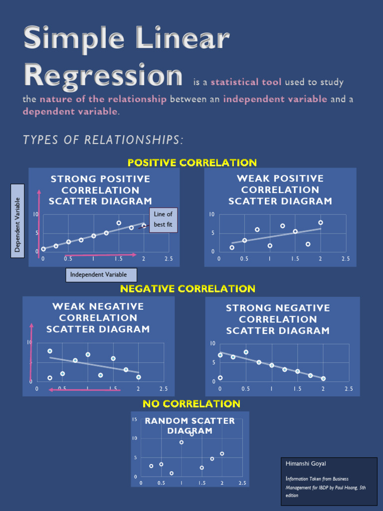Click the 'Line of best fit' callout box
[x=163, y=220]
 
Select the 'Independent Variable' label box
[x=101, y=275]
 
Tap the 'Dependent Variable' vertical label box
[x=18, y=221]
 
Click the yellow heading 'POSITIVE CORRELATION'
[x=192, y=163]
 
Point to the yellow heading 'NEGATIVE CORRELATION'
[x=188, y=289]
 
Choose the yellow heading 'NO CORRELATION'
[x=191, y=404]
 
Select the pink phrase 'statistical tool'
[x=246, y=82]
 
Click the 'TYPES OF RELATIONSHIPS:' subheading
[x=103, y=140]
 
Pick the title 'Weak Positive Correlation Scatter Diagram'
[x=280, y=190]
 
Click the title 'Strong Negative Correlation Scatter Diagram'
[x=278, y=319]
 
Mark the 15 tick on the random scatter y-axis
[x=135, y=420]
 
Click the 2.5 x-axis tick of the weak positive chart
[x=346, y=259]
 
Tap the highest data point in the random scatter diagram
[x=191, y=434]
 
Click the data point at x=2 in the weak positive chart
[x=321, y=223]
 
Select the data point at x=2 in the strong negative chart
[x=323, y=379]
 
